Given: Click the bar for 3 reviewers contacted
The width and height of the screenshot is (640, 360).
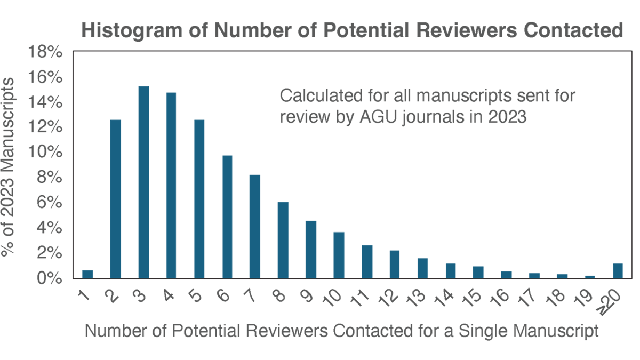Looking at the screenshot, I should (x=143, y=182).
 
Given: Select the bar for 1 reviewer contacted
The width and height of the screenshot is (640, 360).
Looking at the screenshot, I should (x=87, y=274).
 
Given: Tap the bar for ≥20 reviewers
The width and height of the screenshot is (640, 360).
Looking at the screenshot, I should (x=618, y=271).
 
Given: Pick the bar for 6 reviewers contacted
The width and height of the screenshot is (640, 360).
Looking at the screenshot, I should (x=227, y=217).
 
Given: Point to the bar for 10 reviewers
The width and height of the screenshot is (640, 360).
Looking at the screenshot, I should (x=339, y=255).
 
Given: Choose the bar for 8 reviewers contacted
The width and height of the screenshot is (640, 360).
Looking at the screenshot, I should (x=283, y=240).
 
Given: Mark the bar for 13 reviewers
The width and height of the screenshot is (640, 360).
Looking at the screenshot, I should (x=422, y=268).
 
